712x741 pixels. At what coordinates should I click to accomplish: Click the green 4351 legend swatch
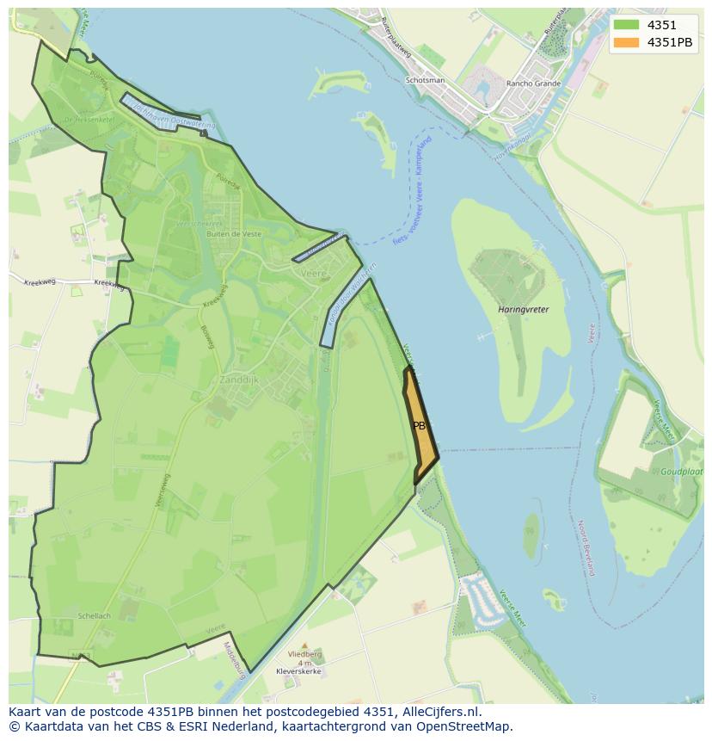(x=626, y=25)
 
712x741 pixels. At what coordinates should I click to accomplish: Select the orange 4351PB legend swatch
(x=626, y=42)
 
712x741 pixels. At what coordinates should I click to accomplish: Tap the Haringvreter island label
(x=523, y=309)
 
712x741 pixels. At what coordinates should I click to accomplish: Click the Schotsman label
(x=425, y=81)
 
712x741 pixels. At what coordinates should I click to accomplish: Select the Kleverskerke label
(x=298, y=670)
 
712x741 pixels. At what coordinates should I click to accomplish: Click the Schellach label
(x=94, y=616)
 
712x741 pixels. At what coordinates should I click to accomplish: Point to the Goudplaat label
(x=683, y=472)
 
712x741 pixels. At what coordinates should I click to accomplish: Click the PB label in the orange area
(x=420, y=426)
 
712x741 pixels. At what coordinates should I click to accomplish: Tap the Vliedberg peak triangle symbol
(x=304, y=645)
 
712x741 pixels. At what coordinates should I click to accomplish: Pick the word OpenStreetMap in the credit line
(x=465, y=726)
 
